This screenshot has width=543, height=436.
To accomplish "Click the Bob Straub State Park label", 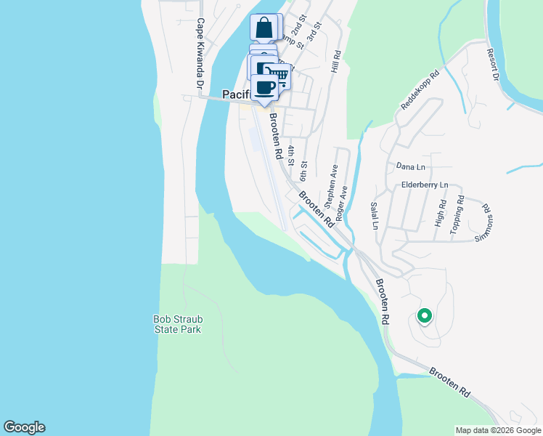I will (x=177, y=323).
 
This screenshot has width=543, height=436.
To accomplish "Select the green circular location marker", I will (x=424, y=316).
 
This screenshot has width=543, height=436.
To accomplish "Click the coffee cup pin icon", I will (x=266, y=88).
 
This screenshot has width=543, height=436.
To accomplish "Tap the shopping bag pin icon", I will (x=264, y=28).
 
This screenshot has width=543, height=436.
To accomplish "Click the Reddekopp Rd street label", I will (x=421, y=90).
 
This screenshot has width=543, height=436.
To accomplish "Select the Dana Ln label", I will (x=410, y=166).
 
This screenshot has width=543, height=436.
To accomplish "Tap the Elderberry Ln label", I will (x=425, y=185).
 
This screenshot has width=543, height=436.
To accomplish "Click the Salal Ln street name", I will (x=375, y=216).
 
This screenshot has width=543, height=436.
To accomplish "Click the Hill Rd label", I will (x=336, y=62).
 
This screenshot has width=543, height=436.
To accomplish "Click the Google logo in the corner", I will (x=24, y=427).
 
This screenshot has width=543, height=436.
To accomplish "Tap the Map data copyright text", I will (x=497, y=430).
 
